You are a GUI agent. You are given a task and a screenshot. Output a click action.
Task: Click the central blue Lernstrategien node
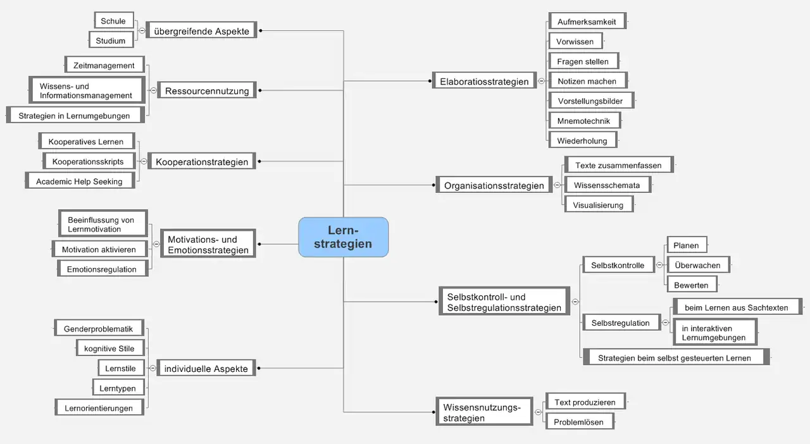343,237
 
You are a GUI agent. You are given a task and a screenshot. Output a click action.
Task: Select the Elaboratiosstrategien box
484,81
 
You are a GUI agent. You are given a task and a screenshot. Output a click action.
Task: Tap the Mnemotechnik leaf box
584,120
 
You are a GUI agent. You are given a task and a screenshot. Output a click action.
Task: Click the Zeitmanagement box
104,65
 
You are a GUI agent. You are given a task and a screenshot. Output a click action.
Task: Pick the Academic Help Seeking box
80,181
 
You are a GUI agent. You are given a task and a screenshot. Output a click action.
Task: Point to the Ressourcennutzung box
207,90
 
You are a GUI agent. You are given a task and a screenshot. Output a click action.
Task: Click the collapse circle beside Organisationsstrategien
558,185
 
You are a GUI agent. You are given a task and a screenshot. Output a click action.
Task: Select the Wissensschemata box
607,185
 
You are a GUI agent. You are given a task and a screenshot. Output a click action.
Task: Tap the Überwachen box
698,265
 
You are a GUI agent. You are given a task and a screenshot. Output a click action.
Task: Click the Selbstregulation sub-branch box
621,323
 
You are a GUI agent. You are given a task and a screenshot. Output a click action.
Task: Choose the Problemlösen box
580,422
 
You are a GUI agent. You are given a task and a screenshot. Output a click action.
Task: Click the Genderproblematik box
99,328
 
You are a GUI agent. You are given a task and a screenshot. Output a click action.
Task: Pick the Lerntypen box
118,388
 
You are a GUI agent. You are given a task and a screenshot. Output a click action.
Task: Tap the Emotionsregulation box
103,269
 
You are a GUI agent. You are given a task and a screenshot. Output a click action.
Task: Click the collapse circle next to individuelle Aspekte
153,368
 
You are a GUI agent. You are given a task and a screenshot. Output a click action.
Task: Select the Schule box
114,21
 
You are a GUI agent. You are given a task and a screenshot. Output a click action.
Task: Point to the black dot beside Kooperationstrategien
259,161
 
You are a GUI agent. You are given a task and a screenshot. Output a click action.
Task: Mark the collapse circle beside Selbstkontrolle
659,265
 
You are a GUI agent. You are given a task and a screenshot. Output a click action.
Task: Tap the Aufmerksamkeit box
587,22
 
